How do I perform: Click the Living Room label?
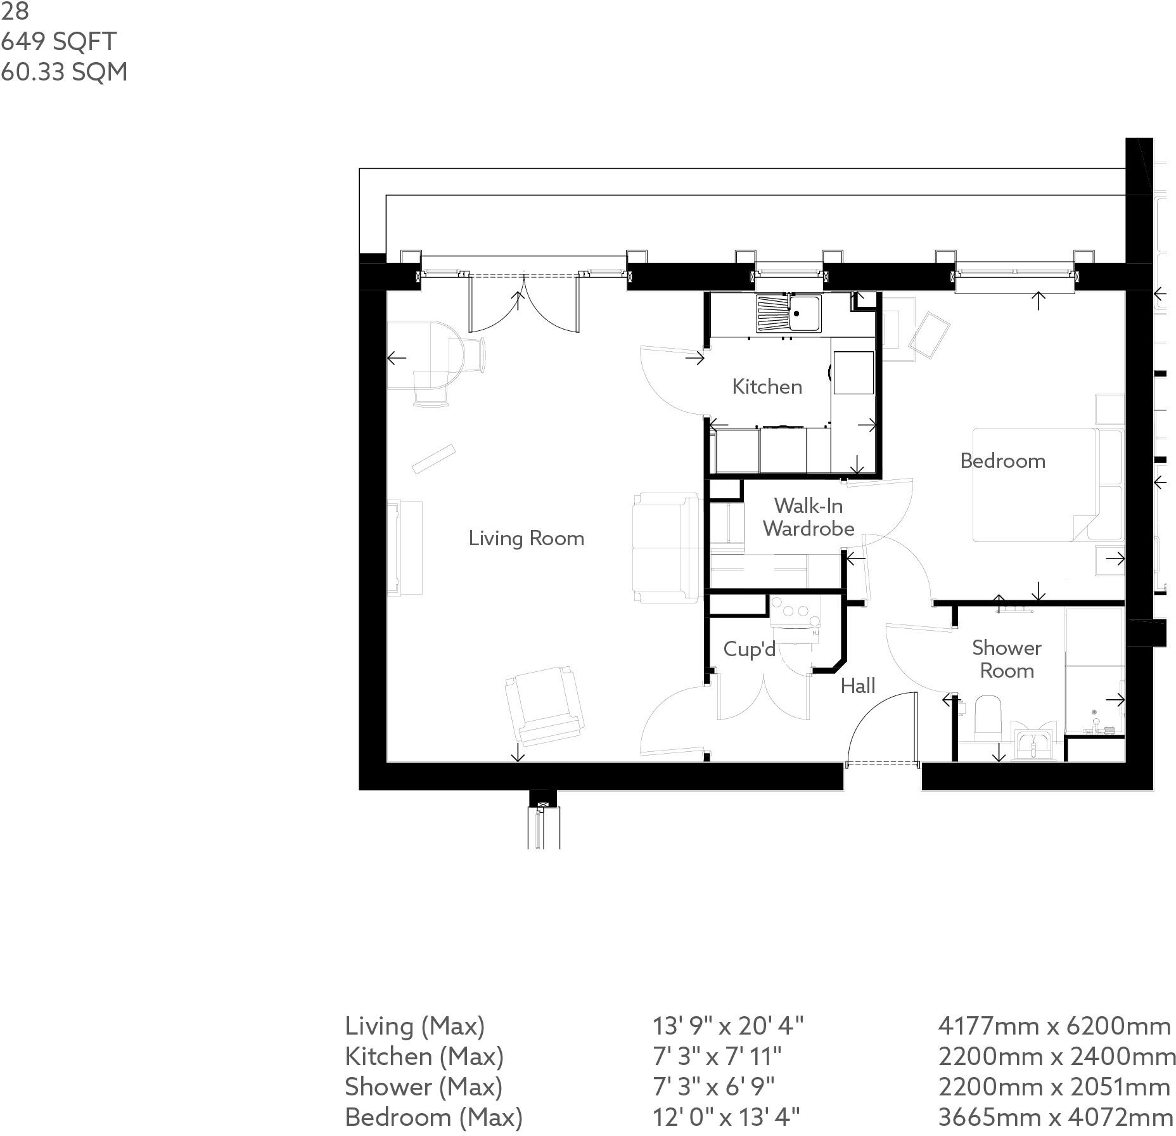526,538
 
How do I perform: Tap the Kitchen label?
767,387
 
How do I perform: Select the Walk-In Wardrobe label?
808,517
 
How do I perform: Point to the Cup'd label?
749,649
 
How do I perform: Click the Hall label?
858,685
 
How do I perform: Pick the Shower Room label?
1006,659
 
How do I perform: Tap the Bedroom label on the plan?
1002,461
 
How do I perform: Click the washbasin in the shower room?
1033,743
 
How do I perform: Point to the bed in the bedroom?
1039,485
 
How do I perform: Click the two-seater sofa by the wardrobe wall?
665,548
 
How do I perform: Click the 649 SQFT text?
58,42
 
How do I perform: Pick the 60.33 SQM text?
63,72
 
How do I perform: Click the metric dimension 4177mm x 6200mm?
1054,1026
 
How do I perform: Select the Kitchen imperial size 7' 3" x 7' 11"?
717,1056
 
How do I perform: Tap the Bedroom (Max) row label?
433,1116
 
